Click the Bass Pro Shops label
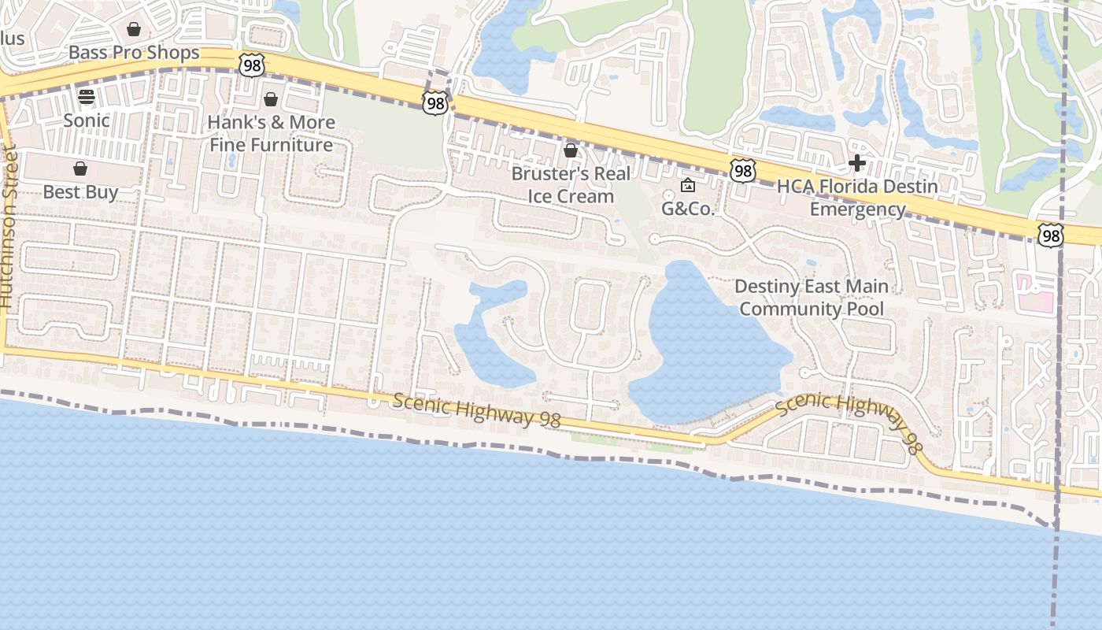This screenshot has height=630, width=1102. point(134,53)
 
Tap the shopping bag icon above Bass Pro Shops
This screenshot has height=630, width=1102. point(134,29)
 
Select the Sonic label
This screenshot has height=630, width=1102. point(87,120)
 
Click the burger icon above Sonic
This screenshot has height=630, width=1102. point(87,97)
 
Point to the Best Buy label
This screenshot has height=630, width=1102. point(80,192)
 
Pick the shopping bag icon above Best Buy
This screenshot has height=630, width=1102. point(80,169)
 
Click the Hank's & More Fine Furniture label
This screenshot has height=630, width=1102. point(272,134)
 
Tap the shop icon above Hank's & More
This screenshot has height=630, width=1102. point(271,99)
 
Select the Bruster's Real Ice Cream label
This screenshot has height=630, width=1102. point(571,185)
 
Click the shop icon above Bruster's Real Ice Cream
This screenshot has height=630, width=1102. point(571,150)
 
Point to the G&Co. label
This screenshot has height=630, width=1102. point(687,209)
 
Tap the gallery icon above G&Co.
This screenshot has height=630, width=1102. point(687,186)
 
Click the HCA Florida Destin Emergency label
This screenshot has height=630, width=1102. point(857,198)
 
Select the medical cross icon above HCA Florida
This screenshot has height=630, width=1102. point(857,163)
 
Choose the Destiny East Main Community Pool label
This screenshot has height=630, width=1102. point(812,298)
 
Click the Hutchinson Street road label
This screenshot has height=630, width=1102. point(8,228)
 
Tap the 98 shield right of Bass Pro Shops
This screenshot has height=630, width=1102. point(252,65)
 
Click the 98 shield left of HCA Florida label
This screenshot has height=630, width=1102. point(742,170)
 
